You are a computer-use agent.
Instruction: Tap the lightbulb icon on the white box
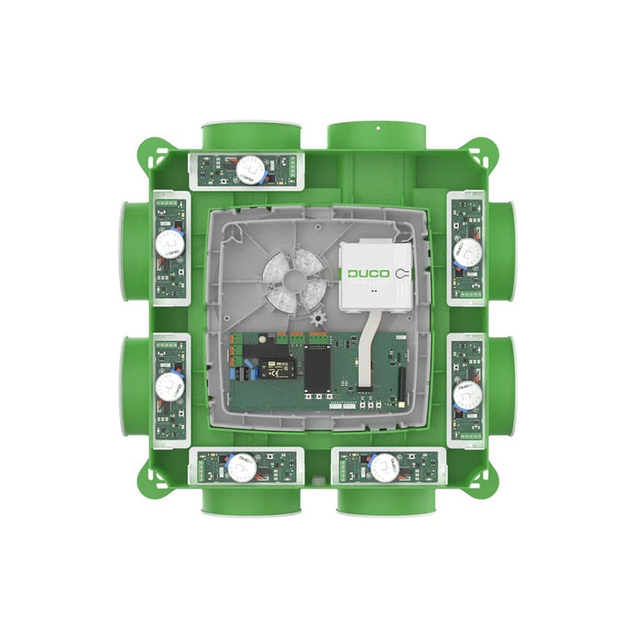[x=401, y=273]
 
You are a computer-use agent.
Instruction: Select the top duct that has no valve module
[x=377, y=135]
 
